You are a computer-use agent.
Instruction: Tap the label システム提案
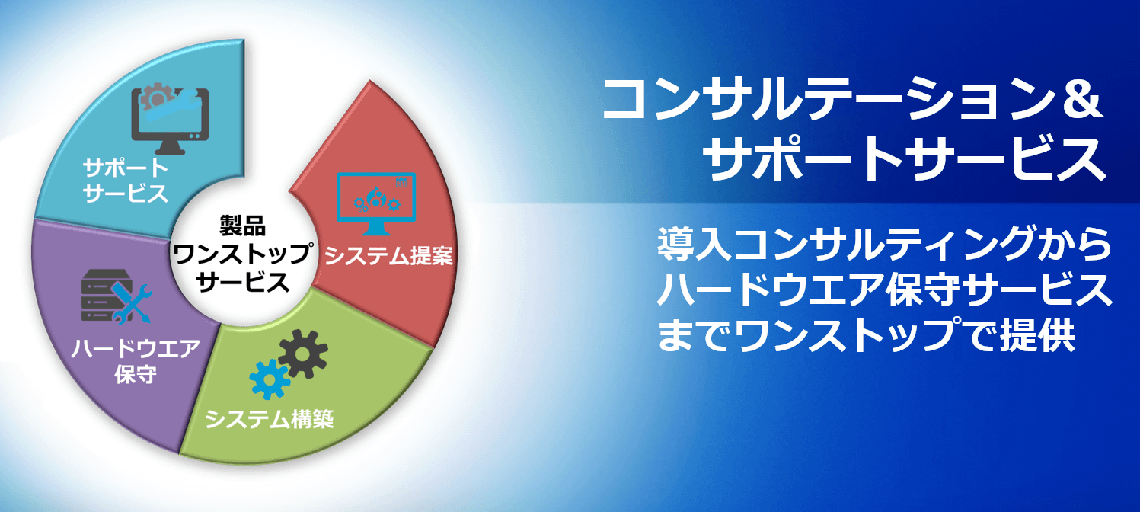pos(389,255)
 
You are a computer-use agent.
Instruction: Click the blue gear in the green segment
pos(270,378)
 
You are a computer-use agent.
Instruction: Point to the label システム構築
pos(270,418)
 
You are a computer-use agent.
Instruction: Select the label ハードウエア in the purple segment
pos(136,349)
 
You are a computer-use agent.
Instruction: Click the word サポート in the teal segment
pos(126,167)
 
